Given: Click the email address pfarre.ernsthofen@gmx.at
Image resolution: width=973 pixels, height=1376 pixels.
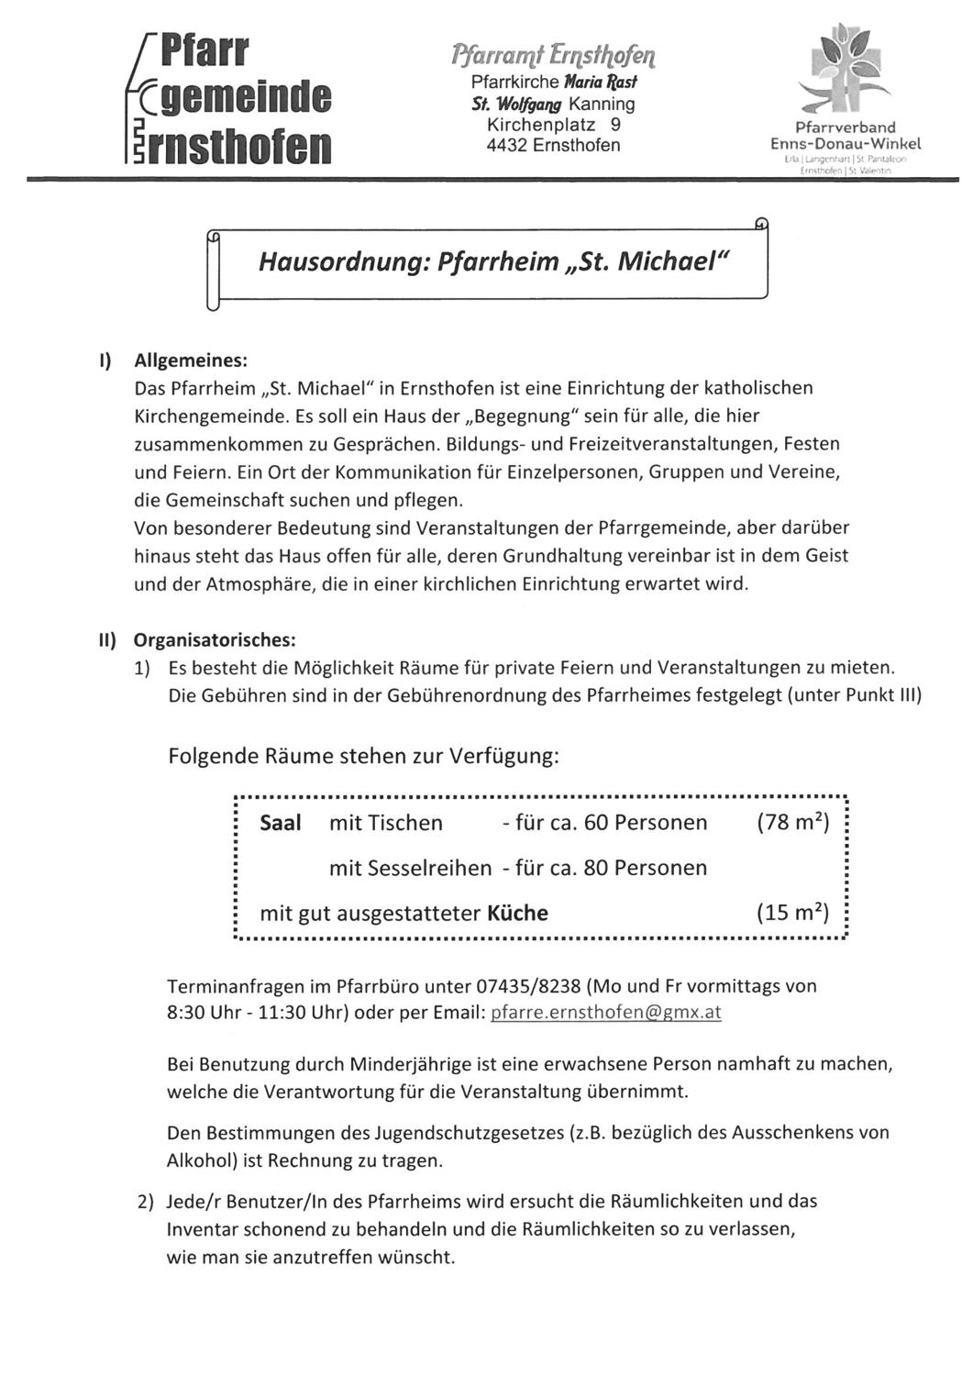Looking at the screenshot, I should point(606,1013).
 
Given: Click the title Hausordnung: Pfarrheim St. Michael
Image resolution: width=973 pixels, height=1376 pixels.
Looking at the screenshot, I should point(492,261).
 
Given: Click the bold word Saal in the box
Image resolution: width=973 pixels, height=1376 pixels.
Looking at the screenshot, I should point(281,823).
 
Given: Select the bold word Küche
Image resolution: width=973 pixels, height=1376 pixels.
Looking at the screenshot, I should point(518,913).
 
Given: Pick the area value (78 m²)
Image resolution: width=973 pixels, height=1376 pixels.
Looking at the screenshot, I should point(792,823).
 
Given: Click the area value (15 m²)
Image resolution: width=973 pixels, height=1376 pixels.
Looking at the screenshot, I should point(792,913).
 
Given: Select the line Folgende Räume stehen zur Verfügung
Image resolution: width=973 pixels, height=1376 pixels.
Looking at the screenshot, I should point(364,757).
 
